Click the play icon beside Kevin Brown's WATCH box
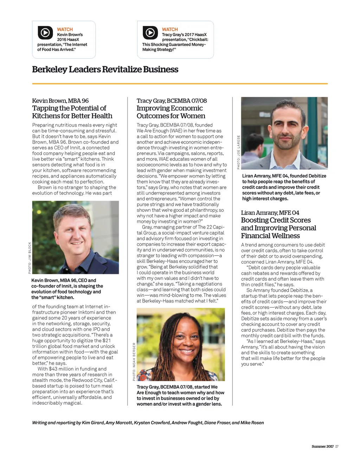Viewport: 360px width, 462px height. coord(45,33)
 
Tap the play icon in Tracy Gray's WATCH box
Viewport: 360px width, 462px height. coord(150,33)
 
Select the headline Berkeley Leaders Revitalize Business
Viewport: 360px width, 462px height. coord(105,69)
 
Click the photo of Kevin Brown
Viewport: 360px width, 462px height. coord(75,237)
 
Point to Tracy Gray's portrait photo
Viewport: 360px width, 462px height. coord(181,345)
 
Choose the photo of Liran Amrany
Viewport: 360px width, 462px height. coord(284,133)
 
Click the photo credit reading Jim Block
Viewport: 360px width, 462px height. coord(30,258)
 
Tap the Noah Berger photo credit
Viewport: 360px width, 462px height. coord(134,361)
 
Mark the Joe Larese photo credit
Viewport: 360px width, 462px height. coord(238,152)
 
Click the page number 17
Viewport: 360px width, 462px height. coord(336,447)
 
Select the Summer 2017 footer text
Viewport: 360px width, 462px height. coord(322,447)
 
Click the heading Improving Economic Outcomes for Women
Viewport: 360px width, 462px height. coord(171,112)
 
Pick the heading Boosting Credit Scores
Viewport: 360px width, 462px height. coord(276,220)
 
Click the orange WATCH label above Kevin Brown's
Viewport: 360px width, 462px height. coord(65,30)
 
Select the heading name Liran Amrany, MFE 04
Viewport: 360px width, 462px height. coord(270,213)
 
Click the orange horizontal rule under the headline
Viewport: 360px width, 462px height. coord(180,84)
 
